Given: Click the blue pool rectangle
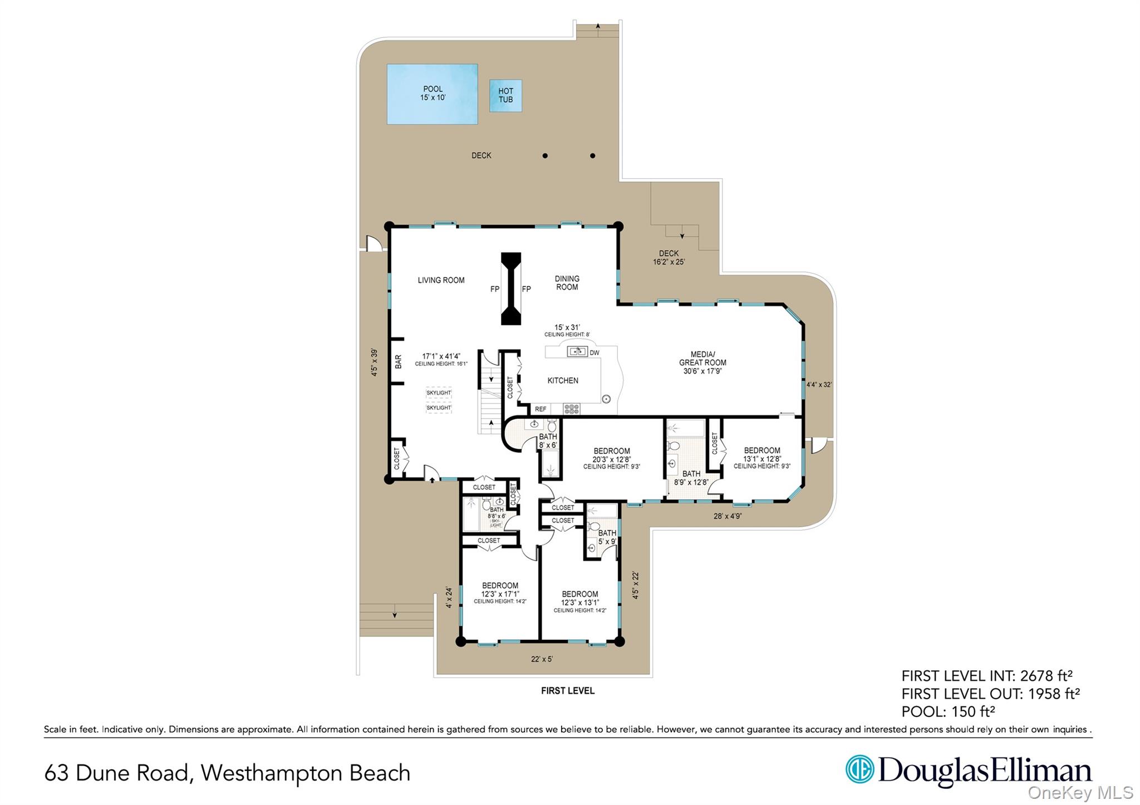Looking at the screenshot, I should pyautogui.click(x=432, y=94).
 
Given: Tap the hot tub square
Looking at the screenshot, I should pyautogui.click(x=505, y=96).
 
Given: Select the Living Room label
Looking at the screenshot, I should pyautogui.click(x=441, y=280).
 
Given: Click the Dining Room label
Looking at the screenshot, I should pyautogui.click(x=567, y=283).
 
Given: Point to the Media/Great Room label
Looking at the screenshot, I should pyautogui.click(x=702, y=362).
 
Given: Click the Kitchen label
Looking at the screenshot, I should pyautogui.click(x=563, y=381).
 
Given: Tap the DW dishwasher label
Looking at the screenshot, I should pyautogui.click(x=594, y=353).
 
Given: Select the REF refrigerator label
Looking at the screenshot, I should pyautogui.click(x=540, y=409).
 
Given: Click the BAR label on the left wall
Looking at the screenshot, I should pyautogui.click(x=398, y=362).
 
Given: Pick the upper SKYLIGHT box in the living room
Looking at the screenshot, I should pyautogui.click(x=439, y=392).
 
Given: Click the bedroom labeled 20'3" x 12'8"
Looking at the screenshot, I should pyautogui.click(x=611, y=458).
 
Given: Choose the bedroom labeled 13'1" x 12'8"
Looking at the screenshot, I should pyautogui.click(x=761, y=458).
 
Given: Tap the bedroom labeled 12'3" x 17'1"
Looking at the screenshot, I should pyautogui.click(x=500, y=593).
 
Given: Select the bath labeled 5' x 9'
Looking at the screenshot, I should pyautogui.click(x=607, y=537).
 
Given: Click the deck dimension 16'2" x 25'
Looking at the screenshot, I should pyautogui.click(x=669, y=258).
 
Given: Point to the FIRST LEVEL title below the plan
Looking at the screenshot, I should pyautogui.click(x=568, y=691).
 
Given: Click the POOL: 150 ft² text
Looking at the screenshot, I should pyautogui.click(x=947, y=711).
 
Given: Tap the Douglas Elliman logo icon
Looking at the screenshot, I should pyautogui.click(x=859, y=769).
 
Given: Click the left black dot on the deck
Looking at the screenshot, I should pyautogui.click(x=545, y=156).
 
